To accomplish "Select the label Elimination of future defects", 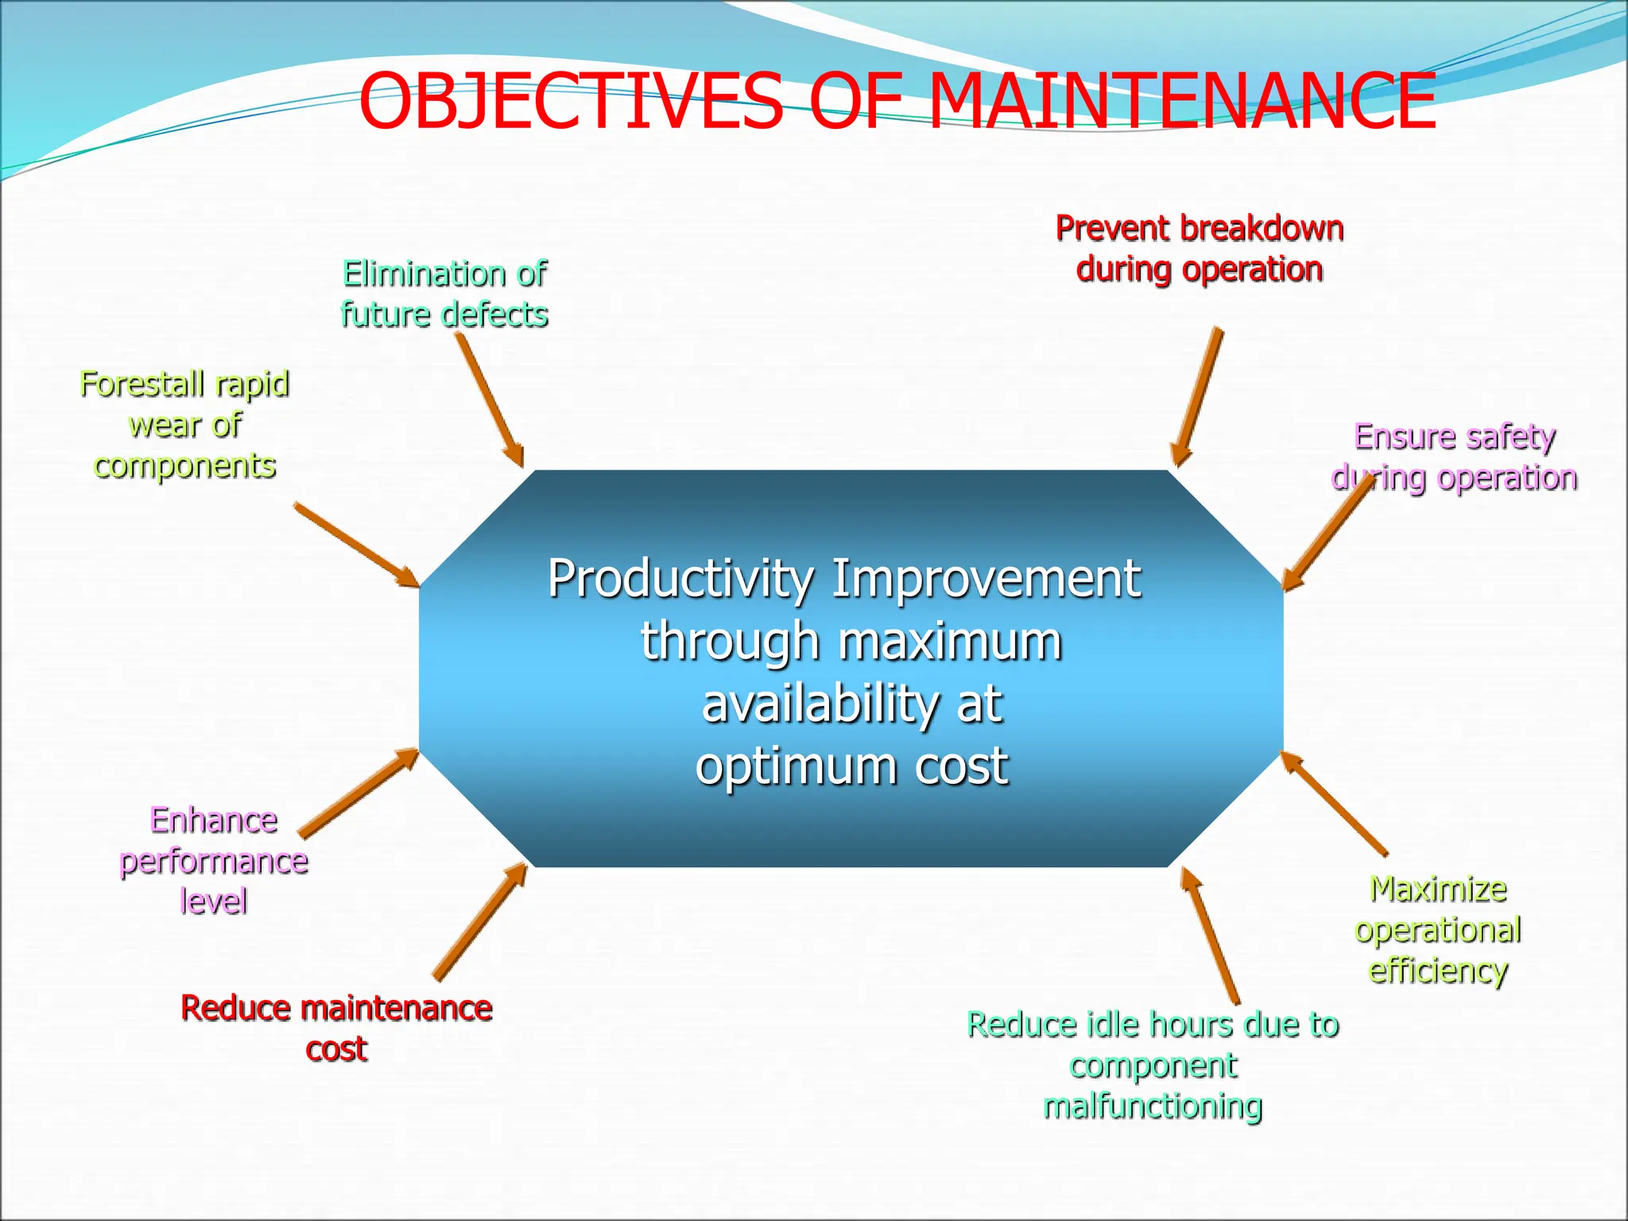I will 444,294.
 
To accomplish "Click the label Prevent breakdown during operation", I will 1199,249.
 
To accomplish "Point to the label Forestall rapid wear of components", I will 184,424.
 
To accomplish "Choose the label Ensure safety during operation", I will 1455,457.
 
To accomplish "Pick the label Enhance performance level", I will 213,860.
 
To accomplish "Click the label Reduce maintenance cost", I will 336,1028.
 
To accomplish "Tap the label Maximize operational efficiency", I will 1437,929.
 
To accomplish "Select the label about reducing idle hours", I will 1153,1064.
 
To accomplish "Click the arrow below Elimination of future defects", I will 489,399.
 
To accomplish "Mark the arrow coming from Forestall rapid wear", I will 355,545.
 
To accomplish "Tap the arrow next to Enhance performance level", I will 359,792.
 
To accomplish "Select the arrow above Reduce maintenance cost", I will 481,921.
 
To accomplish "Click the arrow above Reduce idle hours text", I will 1209,935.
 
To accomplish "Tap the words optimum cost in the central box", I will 851,766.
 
